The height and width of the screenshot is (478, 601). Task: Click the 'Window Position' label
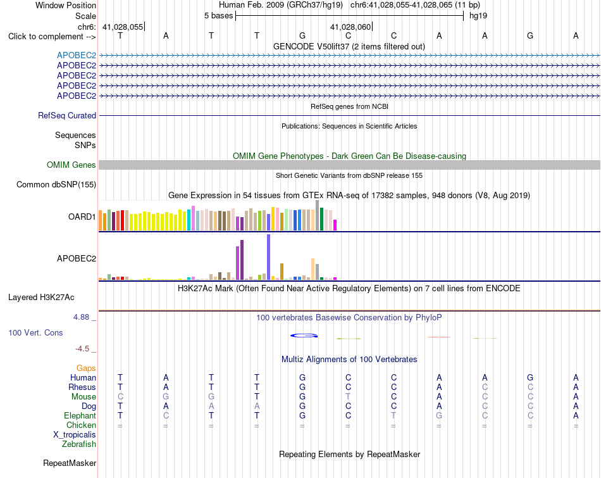[66, 5]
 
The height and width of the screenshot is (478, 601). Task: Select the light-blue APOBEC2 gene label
[77, 55]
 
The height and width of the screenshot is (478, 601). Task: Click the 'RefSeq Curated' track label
[67, 115]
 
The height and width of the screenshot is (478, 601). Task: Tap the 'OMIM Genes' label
[71, 165]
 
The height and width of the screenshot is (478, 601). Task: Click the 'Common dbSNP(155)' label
[56, 184]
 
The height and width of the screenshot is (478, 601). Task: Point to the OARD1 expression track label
[82, 217]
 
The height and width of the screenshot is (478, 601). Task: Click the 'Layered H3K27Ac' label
[41, 298]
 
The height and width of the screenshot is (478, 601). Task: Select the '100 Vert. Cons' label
[35, 332]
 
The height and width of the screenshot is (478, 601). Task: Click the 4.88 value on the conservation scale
[81, 317]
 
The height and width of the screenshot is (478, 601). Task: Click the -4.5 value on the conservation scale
[82, 349]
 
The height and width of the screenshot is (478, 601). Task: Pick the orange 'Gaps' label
[86, 368]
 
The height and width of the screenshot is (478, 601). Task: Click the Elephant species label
[80, 416]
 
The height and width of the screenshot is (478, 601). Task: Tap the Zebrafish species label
[79, 444]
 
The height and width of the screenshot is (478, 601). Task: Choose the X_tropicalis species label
[75, 435]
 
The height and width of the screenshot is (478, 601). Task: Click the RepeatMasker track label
[70, 463]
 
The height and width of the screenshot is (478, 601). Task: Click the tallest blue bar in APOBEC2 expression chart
[269, 257]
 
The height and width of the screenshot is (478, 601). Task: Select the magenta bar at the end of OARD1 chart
[335, 225]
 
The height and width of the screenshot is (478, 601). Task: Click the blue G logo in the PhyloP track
[304, 336]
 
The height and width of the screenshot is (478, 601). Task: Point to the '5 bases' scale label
[218, 16]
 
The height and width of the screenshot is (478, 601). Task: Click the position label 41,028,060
[350, 27]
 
